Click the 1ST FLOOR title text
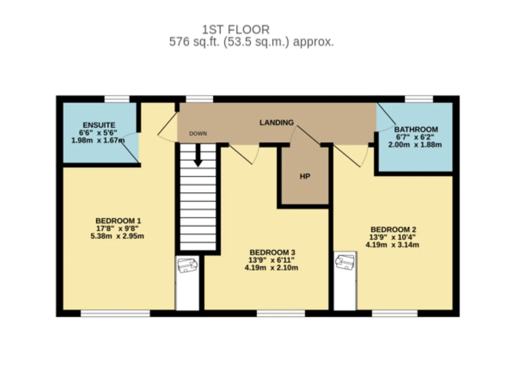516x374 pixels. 236,30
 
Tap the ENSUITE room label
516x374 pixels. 99,125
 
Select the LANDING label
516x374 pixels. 277,123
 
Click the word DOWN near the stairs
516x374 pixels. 198,133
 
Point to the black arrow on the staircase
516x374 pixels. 198,156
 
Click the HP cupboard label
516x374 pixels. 305,177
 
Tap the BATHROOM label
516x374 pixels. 416,129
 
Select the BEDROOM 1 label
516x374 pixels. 118,221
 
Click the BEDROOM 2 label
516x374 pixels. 393,229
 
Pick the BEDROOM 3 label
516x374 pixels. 272,252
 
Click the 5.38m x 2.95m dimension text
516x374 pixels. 117,236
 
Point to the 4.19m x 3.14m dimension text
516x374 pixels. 392,245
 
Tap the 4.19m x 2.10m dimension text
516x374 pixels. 271,268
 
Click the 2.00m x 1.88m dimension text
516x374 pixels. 415,145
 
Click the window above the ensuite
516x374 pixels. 117,99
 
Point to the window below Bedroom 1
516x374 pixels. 115,313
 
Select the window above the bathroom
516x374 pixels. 419,99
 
